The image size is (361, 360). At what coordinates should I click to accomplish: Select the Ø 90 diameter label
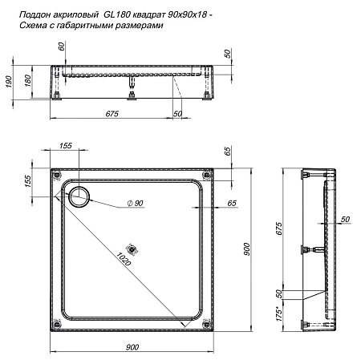click(x=133, y=204)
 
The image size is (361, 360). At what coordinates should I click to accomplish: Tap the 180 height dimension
click(x=29, y=82)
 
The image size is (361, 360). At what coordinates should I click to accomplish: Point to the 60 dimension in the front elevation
click(x=60, y=48)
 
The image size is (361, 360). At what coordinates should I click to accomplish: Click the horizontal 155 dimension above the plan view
click(x=65, y=145)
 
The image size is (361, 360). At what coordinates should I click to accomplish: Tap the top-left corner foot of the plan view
click(x=55, y=173)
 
